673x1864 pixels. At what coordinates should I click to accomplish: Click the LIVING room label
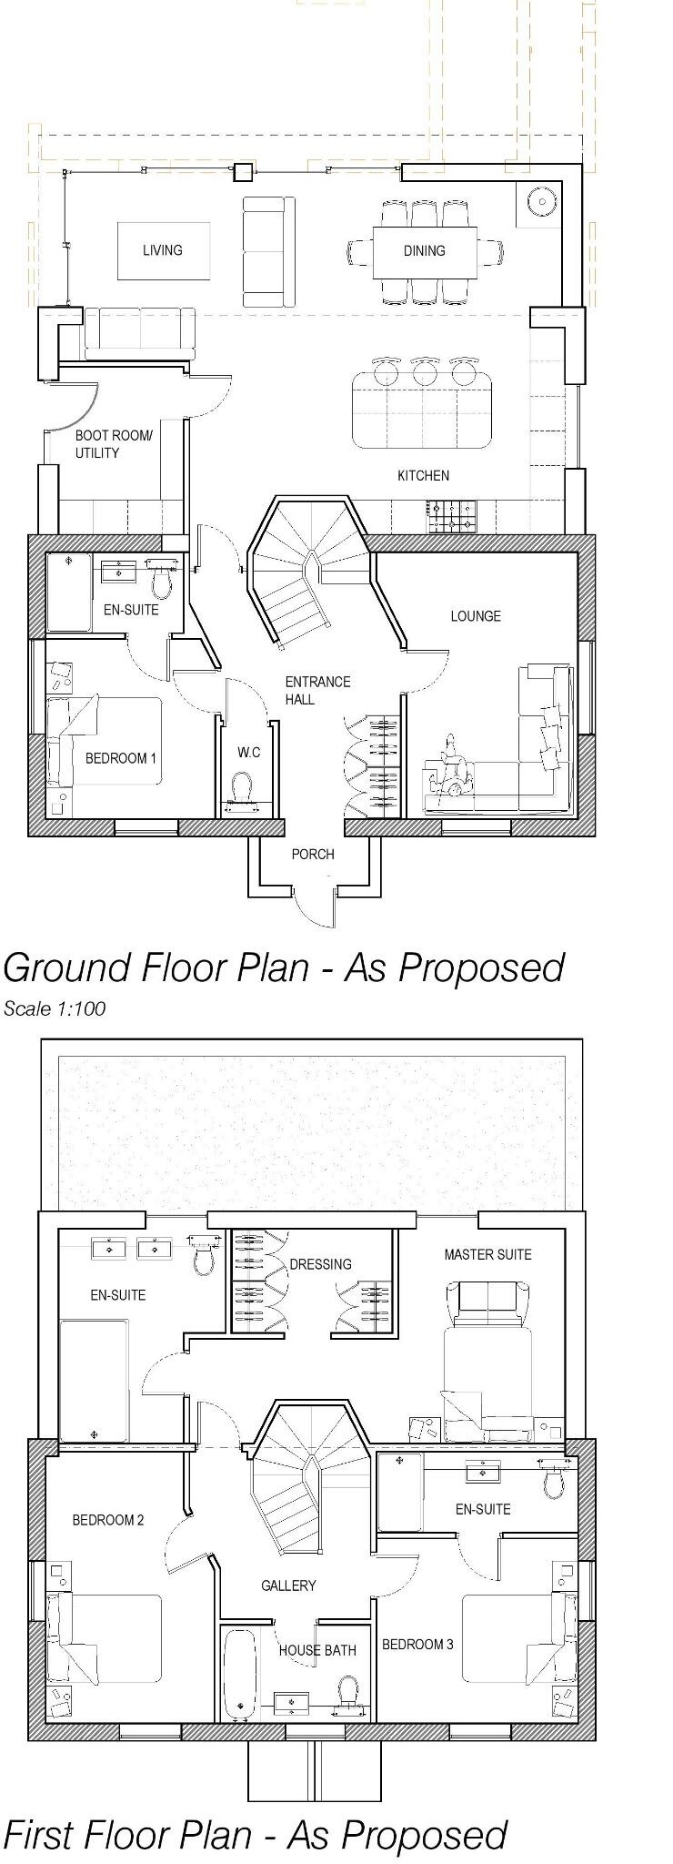162,250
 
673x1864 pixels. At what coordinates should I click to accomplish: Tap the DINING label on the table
424,251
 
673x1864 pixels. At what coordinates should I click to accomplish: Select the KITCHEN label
423,475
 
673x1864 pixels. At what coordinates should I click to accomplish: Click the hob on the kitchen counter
450,517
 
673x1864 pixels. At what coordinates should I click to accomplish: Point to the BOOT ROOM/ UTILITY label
114,445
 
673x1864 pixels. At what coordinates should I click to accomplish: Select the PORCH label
313,855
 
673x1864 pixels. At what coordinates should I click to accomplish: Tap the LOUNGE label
475,616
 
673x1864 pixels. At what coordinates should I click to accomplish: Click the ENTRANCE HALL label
316,690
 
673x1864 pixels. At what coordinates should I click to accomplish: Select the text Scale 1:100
55,1008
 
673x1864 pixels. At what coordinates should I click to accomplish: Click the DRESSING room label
320,1264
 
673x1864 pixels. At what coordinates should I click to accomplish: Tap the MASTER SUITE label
487,1254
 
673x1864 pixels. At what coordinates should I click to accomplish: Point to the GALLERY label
288,1585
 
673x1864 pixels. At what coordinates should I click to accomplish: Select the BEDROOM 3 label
417,1645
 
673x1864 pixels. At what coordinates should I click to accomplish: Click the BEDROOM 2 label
108,1520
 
